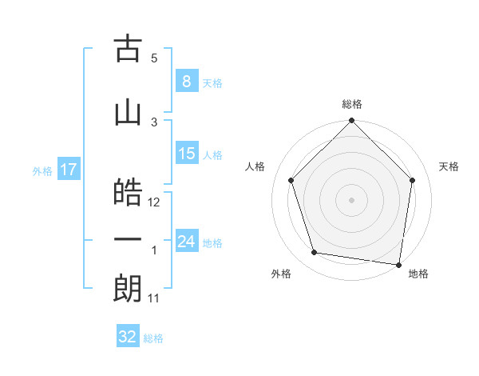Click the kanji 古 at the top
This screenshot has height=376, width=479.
tap(128, 50)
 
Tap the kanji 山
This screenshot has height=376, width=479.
tap(128, 113)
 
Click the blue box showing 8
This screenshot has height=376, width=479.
tap(186, 81)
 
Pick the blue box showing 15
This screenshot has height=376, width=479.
tap(186, 154)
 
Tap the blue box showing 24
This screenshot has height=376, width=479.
tap(186, 242)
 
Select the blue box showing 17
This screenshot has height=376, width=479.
tap(68, 170)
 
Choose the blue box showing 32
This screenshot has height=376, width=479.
tap(128, 337)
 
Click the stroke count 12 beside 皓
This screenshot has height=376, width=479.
tap(155, 202)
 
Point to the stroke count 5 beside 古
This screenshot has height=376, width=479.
tap(154, 58)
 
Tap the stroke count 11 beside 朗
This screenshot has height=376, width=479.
tap(155, 298)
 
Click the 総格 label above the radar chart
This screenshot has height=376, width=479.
tap(352, 104)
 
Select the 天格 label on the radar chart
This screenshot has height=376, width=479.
tap(449, 166)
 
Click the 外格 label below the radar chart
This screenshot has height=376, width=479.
tap(281, 274)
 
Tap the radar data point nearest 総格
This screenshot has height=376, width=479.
tap(351, 122)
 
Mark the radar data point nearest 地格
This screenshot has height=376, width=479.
tap(398, 264)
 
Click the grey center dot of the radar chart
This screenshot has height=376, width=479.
tap(351, 199)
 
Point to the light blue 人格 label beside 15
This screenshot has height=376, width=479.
tap(212, 155)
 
